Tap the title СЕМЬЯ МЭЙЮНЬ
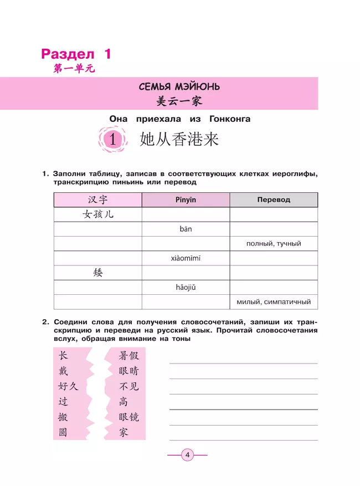179,87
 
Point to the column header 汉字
98,199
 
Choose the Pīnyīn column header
186,199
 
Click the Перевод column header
273,199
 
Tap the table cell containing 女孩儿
98,214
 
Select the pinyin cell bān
186,229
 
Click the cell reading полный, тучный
274,244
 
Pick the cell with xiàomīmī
186,258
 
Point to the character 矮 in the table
98,273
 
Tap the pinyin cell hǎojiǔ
186,287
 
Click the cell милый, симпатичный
274,302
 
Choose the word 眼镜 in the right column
128,417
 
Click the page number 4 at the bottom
187,456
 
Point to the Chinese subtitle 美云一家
179,101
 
